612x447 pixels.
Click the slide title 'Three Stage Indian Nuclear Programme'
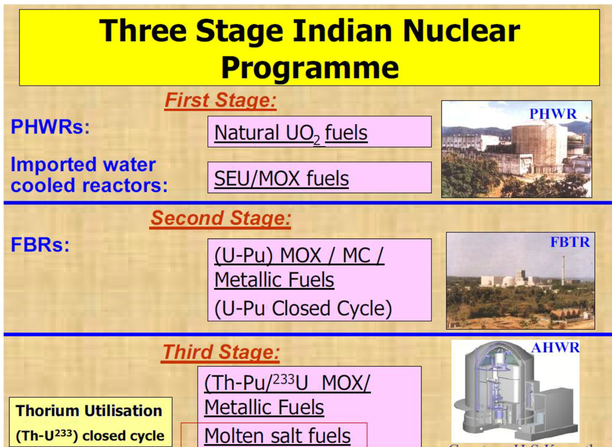(x=309, y=48)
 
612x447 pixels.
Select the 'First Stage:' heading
(x=220, y=100)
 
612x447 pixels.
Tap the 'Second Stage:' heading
(x=220, y=218)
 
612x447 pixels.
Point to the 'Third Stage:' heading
(x=221, y=352)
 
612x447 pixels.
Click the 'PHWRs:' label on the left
(x=50, y=128)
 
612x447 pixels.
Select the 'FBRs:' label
(x=40, y=245)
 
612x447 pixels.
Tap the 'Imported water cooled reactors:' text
(x=89, y=175)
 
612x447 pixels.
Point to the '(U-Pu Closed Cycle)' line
(x=303, y=309)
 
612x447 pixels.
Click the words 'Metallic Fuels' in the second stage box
(x=274, y=280)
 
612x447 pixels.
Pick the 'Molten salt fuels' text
(x=277, y=436)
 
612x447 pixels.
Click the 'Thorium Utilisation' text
(x=89, y=411)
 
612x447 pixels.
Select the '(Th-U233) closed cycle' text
(x=90, y=436)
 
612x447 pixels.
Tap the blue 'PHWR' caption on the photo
(x=552, y=114)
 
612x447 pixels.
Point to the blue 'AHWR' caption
(x=555, y=348)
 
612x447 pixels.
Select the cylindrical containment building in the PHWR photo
(x=537, y=147)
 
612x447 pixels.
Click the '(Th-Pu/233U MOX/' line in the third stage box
(x=287, y=382)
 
